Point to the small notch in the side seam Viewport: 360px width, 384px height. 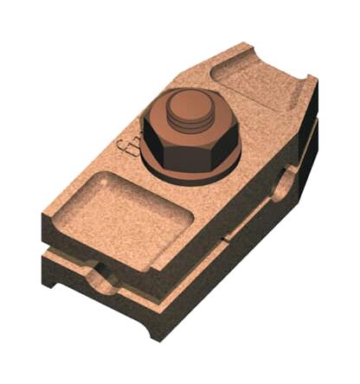pos(227,234)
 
